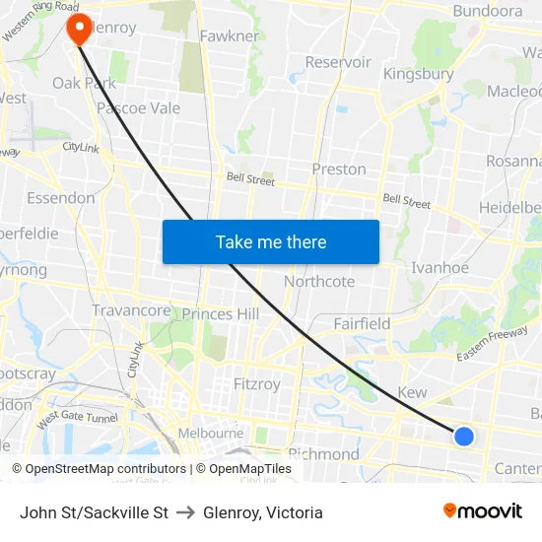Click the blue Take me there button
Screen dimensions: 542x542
pyautogui.click(x=270, y=241)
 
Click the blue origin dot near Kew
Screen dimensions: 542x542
pyautogui.click(x=463, y=436)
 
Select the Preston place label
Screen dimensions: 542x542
pyautogui.click(x=339, y=169)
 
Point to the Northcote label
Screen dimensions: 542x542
pyautogui.click(x=319, y=281)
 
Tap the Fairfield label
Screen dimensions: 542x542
pyautogui.click(x=362, y=323)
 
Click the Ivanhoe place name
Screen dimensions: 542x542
pyautogui.click(x=440, y=267)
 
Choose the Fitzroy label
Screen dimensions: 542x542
pyautogui.click(x=256, y=383)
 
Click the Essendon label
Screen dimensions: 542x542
pyautogui.click(x=61, y=197)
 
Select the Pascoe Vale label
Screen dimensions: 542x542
pyautogui.click(x=138, y=107)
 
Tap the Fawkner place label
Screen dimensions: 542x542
pyautogui.click(x=229, y=36)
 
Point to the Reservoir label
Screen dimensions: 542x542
pyautogui.click(x=338, y=62)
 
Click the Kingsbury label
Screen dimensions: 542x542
pyautogui.click(x=418, y=74)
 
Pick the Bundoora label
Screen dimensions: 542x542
pyautogui.click(x=487, y=11)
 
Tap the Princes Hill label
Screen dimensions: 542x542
pyautogui.click(x=220, y=313)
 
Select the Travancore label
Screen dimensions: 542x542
pyautogui.click(x=131, y=310)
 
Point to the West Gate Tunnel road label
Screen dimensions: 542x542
pyautogui.click(x=78, y=420)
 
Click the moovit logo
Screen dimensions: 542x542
pyautogui.click(x=483, y=511)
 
